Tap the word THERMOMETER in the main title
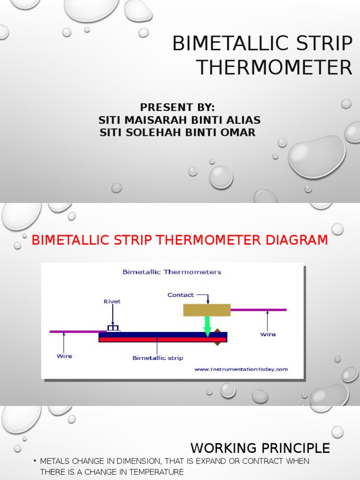tap(274, 67)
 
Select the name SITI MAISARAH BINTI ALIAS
tap(180, 120)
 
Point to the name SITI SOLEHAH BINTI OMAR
tap(178, 133)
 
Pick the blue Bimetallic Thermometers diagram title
tap(172, 272)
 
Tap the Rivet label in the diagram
tap(112, 301)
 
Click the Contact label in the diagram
tap(180, 295)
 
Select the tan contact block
tap(207, 310)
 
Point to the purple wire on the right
tap(258, 310)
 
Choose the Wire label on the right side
tap(268, 334)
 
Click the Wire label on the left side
tap(64, 356)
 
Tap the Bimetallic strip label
tap(157, 358)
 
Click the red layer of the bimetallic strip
tap(155, 339)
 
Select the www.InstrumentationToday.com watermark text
tap(241, 369)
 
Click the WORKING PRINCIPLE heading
tap(260, 448)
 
